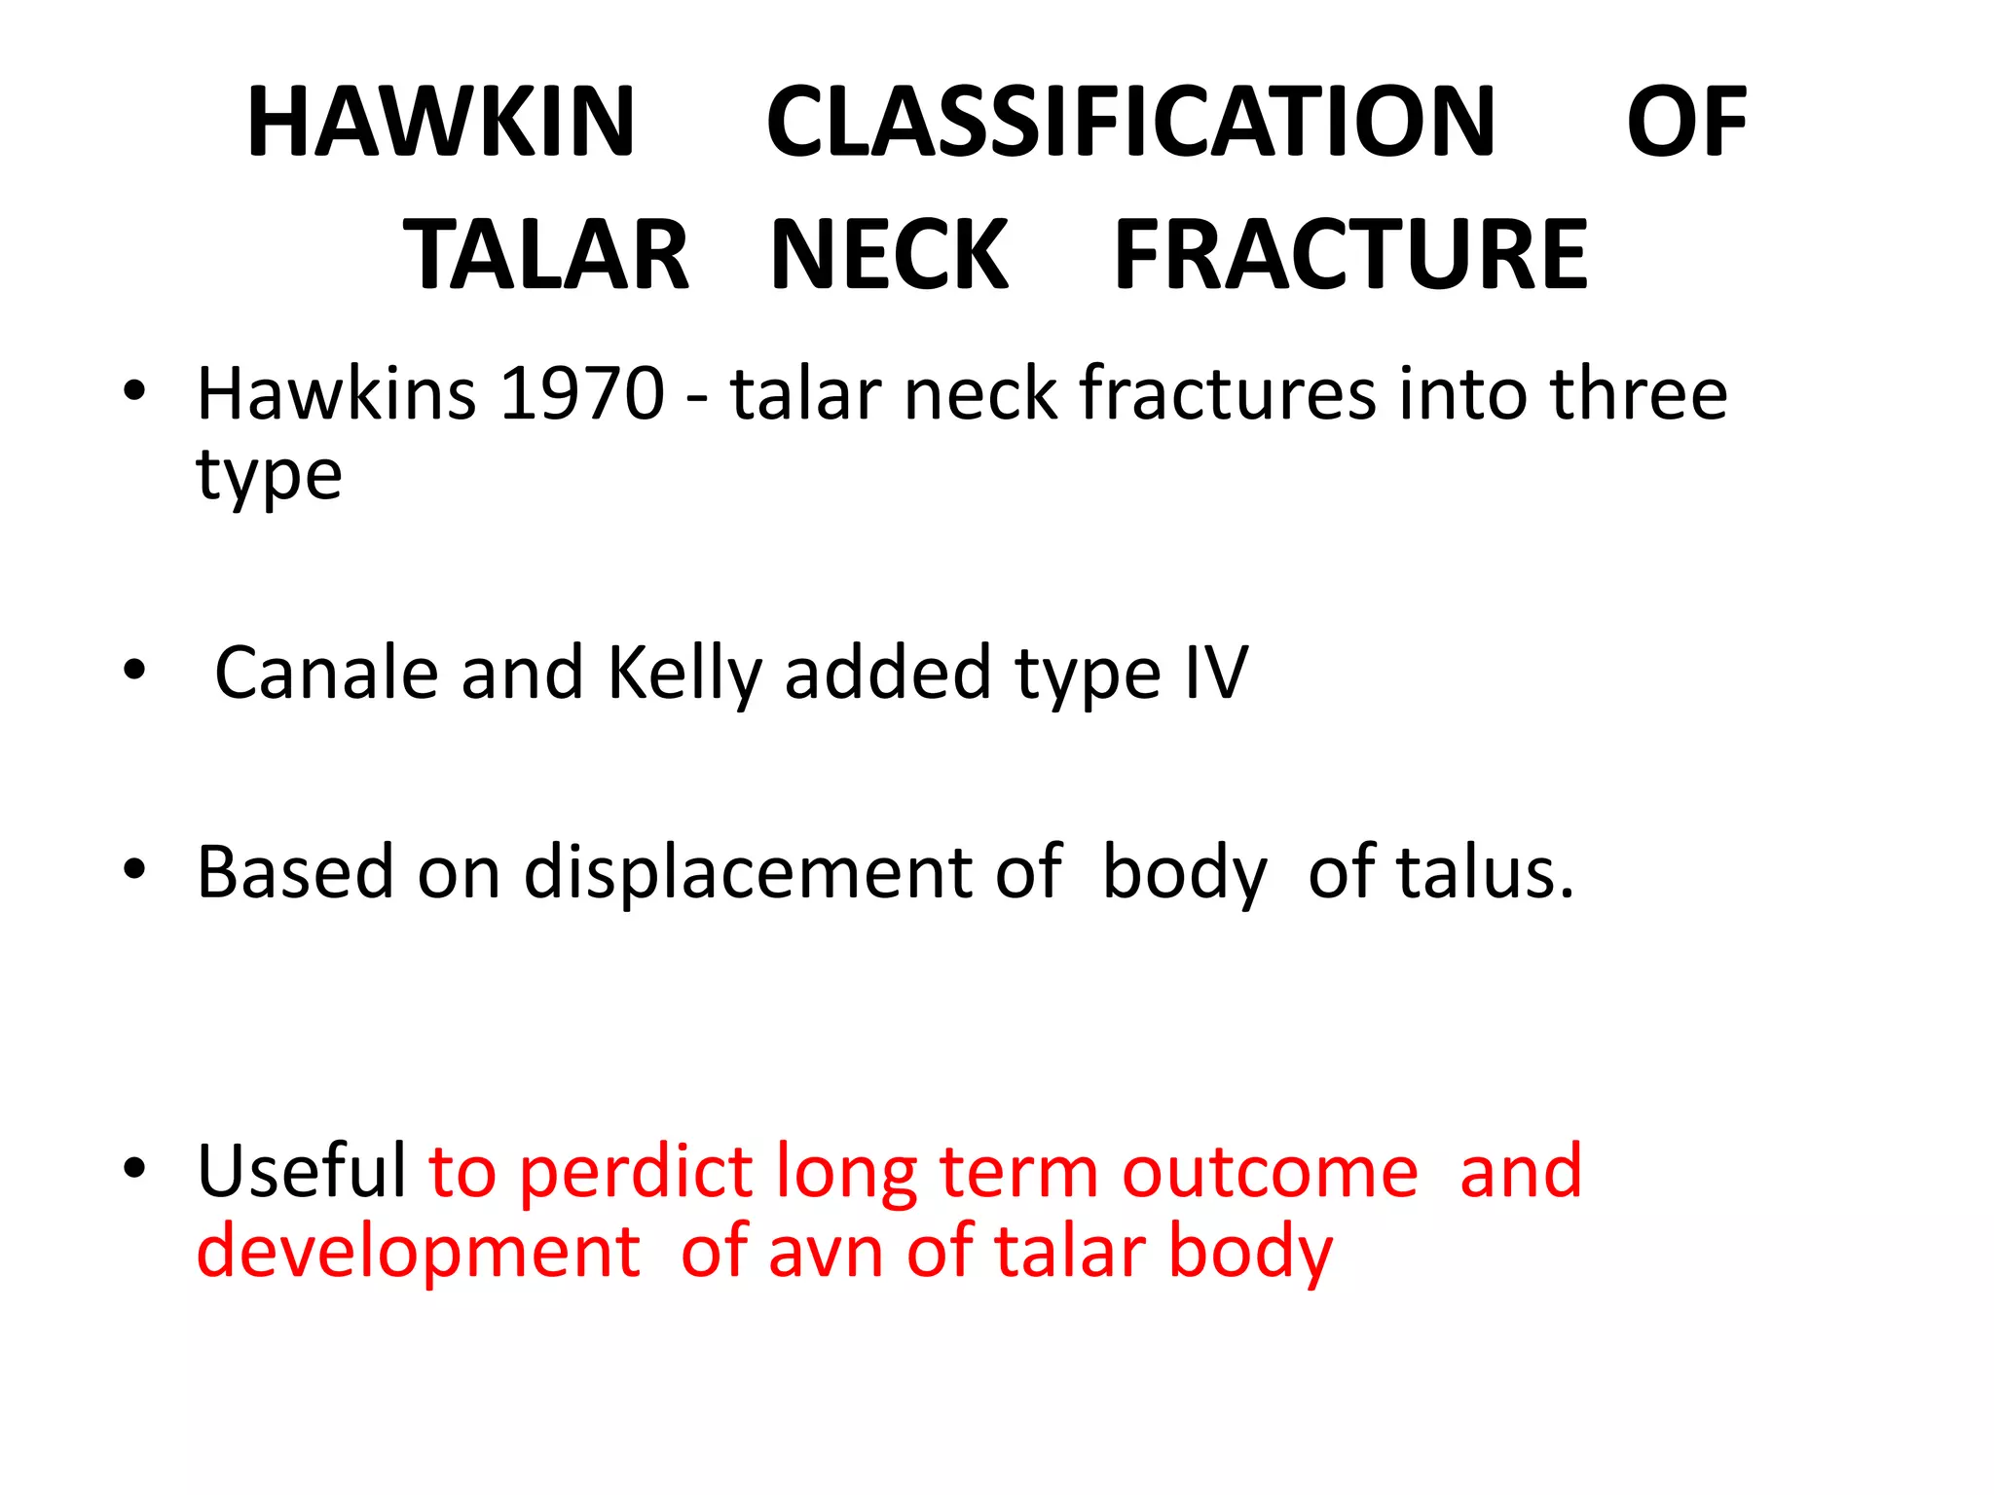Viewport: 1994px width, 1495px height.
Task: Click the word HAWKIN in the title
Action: (x=441, y=123)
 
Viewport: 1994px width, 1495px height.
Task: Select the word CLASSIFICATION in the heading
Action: (x=1130, y=123)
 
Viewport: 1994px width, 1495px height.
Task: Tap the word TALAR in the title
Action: (x=546, y=255)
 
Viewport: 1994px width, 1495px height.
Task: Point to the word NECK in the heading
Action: (x=889, y=255)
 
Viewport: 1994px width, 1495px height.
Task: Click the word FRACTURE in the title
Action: (x=1350, y=255)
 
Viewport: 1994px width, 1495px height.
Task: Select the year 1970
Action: (x=581, y=394)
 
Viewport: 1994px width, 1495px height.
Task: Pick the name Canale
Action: (x=326, y=674)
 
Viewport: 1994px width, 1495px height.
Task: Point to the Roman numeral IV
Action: (x=1216, y=674)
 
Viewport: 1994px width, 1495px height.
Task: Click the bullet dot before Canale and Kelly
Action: (x=134, y=671)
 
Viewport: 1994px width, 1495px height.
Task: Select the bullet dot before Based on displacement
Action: (x=134, y=868)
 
